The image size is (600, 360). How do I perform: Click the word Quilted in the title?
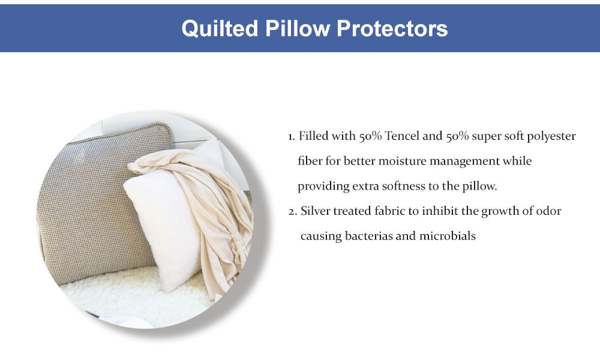click(220, 29)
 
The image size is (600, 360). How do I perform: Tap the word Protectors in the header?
click(392, 29)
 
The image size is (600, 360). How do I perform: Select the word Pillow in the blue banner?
click(298, 28)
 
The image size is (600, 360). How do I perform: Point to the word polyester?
click(551, 137)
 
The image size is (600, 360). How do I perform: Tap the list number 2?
click(293, 212)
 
